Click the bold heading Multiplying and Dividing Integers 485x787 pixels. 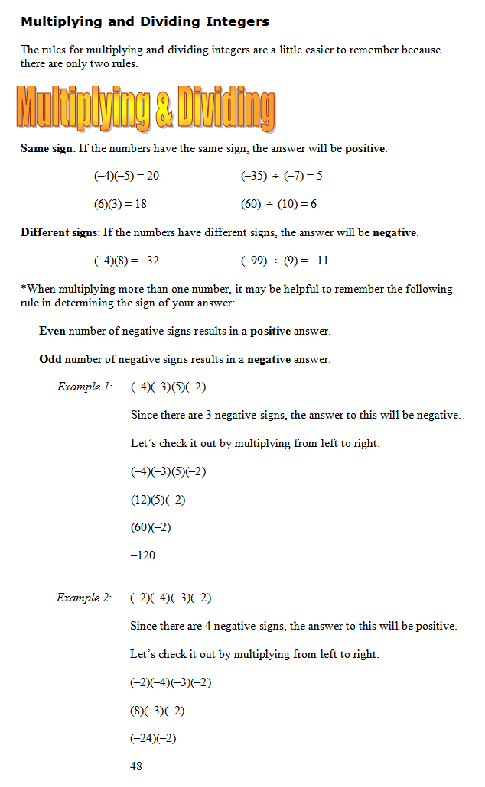tap(145, 21)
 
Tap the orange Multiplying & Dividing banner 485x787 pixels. tap(145, 108)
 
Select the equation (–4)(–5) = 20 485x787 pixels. tap(126, 176)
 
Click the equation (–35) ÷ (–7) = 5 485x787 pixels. tap(282, 176)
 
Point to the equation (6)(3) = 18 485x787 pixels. tap(120, 204)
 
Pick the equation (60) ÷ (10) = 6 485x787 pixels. tap(278, 204)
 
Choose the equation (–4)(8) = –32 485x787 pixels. tap(126, 260)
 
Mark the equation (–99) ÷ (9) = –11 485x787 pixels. tap(285, 260)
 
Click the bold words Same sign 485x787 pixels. tap(46, 148)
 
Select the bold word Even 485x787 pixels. tap(53, 331)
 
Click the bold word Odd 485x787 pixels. tap(50, 359)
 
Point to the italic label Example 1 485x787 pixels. tap(84, 387)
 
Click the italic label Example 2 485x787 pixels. tap(84, 598)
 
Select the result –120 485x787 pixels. tap(143, 555)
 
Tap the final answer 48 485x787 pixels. tap(136, 766)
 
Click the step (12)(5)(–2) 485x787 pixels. tap(158, 500)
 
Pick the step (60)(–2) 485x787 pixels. tap(151, 527)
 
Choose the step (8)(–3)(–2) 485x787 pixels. tap(158, 711)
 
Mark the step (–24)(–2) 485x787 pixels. tap(154, 738)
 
